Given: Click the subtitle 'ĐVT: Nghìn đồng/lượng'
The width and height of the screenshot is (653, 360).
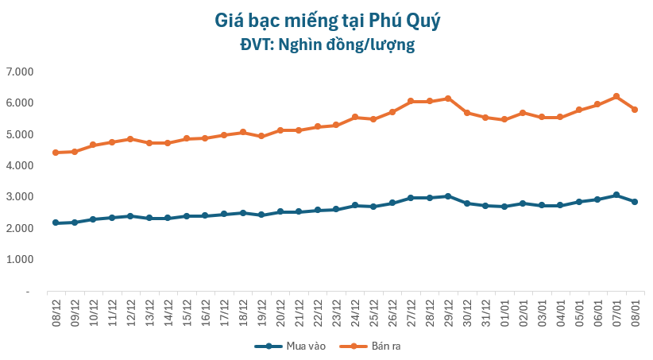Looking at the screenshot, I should click(326, 45).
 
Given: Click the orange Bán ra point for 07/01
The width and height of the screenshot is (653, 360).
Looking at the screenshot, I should click(616, 97).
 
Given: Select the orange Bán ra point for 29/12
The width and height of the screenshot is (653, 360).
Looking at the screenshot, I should click(448, 99).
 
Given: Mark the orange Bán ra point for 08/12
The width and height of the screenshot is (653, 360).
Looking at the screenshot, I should click(56, 153).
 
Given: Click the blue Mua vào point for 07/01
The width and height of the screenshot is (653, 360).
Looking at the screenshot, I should click(616, 195).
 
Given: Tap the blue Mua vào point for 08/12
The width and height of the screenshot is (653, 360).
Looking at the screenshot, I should click(56, 223).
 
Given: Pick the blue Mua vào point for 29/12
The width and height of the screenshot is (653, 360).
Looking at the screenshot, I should click(448, 196).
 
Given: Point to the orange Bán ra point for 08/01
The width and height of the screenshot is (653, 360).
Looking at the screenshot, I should click(635, 110).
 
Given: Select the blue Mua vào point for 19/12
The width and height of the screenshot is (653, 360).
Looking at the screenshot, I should click(261, 215).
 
